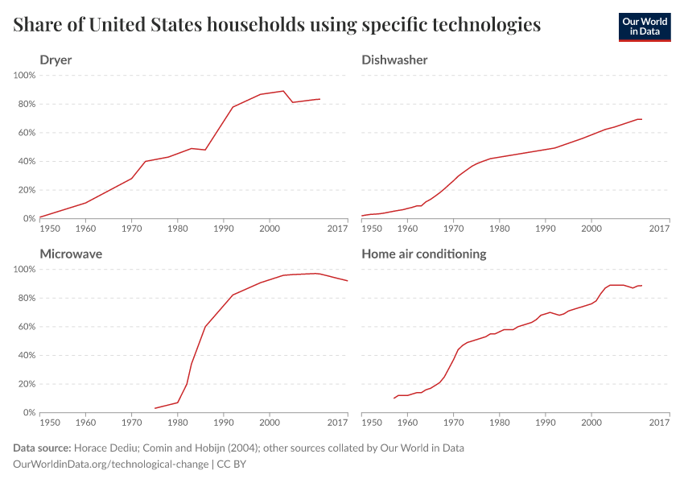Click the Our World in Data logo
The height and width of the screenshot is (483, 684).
(x=644, y=27)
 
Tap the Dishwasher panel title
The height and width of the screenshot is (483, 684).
(x=394, y=60)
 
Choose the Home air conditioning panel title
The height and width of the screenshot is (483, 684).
(x=424, y=254)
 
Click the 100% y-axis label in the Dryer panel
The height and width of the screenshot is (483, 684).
(x=24, y=75)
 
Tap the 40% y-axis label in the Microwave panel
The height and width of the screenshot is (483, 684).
(x=27, y=355)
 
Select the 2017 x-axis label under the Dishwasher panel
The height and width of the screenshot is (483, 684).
(x=659, y=229)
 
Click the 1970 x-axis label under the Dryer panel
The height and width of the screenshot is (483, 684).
(x=131, y=229)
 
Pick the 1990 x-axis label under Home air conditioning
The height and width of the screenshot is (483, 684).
(x=546, y=423)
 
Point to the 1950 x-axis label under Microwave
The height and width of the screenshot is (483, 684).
(x=50, y=423)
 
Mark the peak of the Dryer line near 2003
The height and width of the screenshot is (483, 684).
(x=283, y=91)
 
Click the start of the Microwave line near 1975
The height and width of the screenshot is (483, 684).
(x=155, y=408)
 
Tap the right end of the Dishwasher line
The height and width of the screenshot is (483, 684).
(x=641, y=119)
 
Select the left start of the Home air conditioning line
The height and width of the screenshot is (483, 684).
(x=394, y=398)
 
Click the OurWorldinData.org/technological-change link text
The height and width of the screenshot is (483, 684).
(x=110, y=465)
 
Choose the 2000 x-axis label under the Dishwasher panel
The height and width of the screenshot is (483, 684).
(x=591, y=229)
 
